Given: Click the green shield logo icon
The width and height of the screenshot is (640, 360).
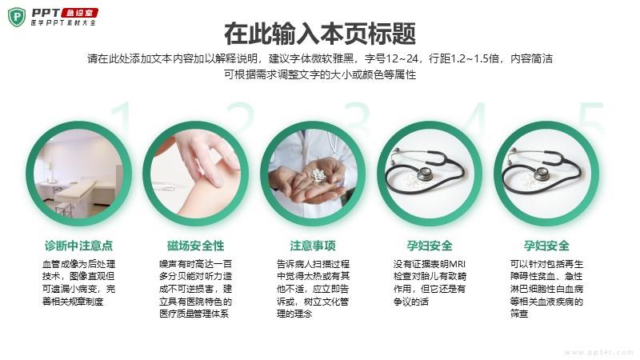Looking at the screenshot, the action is pyautogui.click(x=17, y=17).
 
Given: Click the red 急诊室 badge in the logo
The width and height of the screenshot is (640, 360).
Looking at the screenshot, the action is pyautogui.click(x=79, y=13).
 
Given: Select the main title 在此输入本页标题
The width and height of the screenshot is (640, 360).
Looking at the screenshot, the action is pyautogui.click(x=320, y=34).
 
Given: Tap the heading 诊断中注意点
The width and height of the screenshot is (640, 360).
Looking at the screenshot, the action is pyautogui.click(x=78, y=246).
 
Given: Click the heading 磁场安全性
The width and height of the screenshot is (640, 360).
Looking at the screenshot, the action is pyautogui.click(x=195, y=246).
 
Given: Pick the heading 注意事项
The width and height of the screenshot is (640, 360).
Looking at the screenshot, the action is pyautogui.click(x=313, y=246).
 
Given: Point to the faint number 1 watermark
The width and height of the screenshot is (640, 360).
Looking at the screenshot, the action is pyautogui.click(x=122, y=116).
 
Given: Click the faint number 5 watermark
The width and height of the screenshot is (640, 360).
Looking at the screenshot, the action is pyautogui.click(x=591, y=116).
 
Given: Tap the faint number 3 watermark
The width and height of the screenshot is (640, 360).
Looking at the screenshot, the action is pyautogui.click(x=357, y=116).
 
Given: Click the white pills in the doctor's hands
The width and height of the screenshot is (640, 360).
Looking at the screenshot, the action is pyautogui.click(x=318, y=174).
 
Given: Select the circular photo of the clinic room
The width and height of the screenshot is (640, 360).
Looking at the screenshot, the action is pyautogui.click(x=78, y=174).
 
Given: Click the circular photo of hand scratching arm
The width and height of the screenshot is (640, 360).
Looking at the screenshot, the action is pyautogui.click(x=195, y=174).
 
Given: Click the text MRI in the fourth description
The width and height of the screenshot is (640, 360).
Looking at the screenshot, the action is pyautogui.click(x=457, y=264).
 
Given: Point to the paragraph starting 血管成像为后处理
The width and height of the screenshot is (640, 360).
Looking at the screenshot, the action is pyautogui.click(x=78, y=283).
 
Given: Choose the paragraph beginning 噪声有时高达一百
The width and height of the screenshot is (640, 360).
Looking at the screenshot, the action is pyautogui.click(x=195, y=289).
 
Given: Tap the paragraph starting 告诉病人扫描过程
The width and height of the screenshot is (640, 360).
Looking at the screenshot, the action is pyautogui.click(x=313, y=289).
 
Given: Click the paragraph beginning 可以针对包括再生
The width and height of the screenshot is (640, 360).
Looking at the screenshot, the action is pyautogui.click(x=546, y=289).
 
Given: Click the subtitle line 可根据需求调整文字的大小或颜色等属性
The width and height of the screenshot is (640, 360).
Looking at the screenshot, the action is pyautogui.click(x=320, y=74).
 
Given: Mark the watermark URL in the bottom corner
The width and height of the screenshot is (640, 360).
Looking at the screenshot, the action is pyautogui.click(x=598, y=352).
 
